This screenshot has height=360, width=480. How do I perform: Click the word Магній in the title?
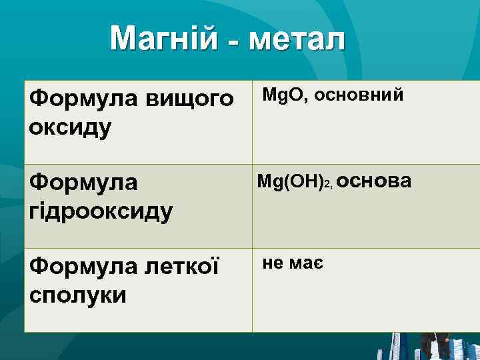point(163,39)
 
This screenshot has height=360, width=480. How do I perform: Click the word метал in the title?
point(297,39)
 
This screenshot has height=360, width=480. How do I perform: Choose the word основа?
point(378,181)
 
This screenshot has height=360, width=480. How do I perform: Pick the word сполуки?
point(78,295)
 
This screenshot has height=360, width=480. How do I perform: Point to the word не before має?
point(273,263)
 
